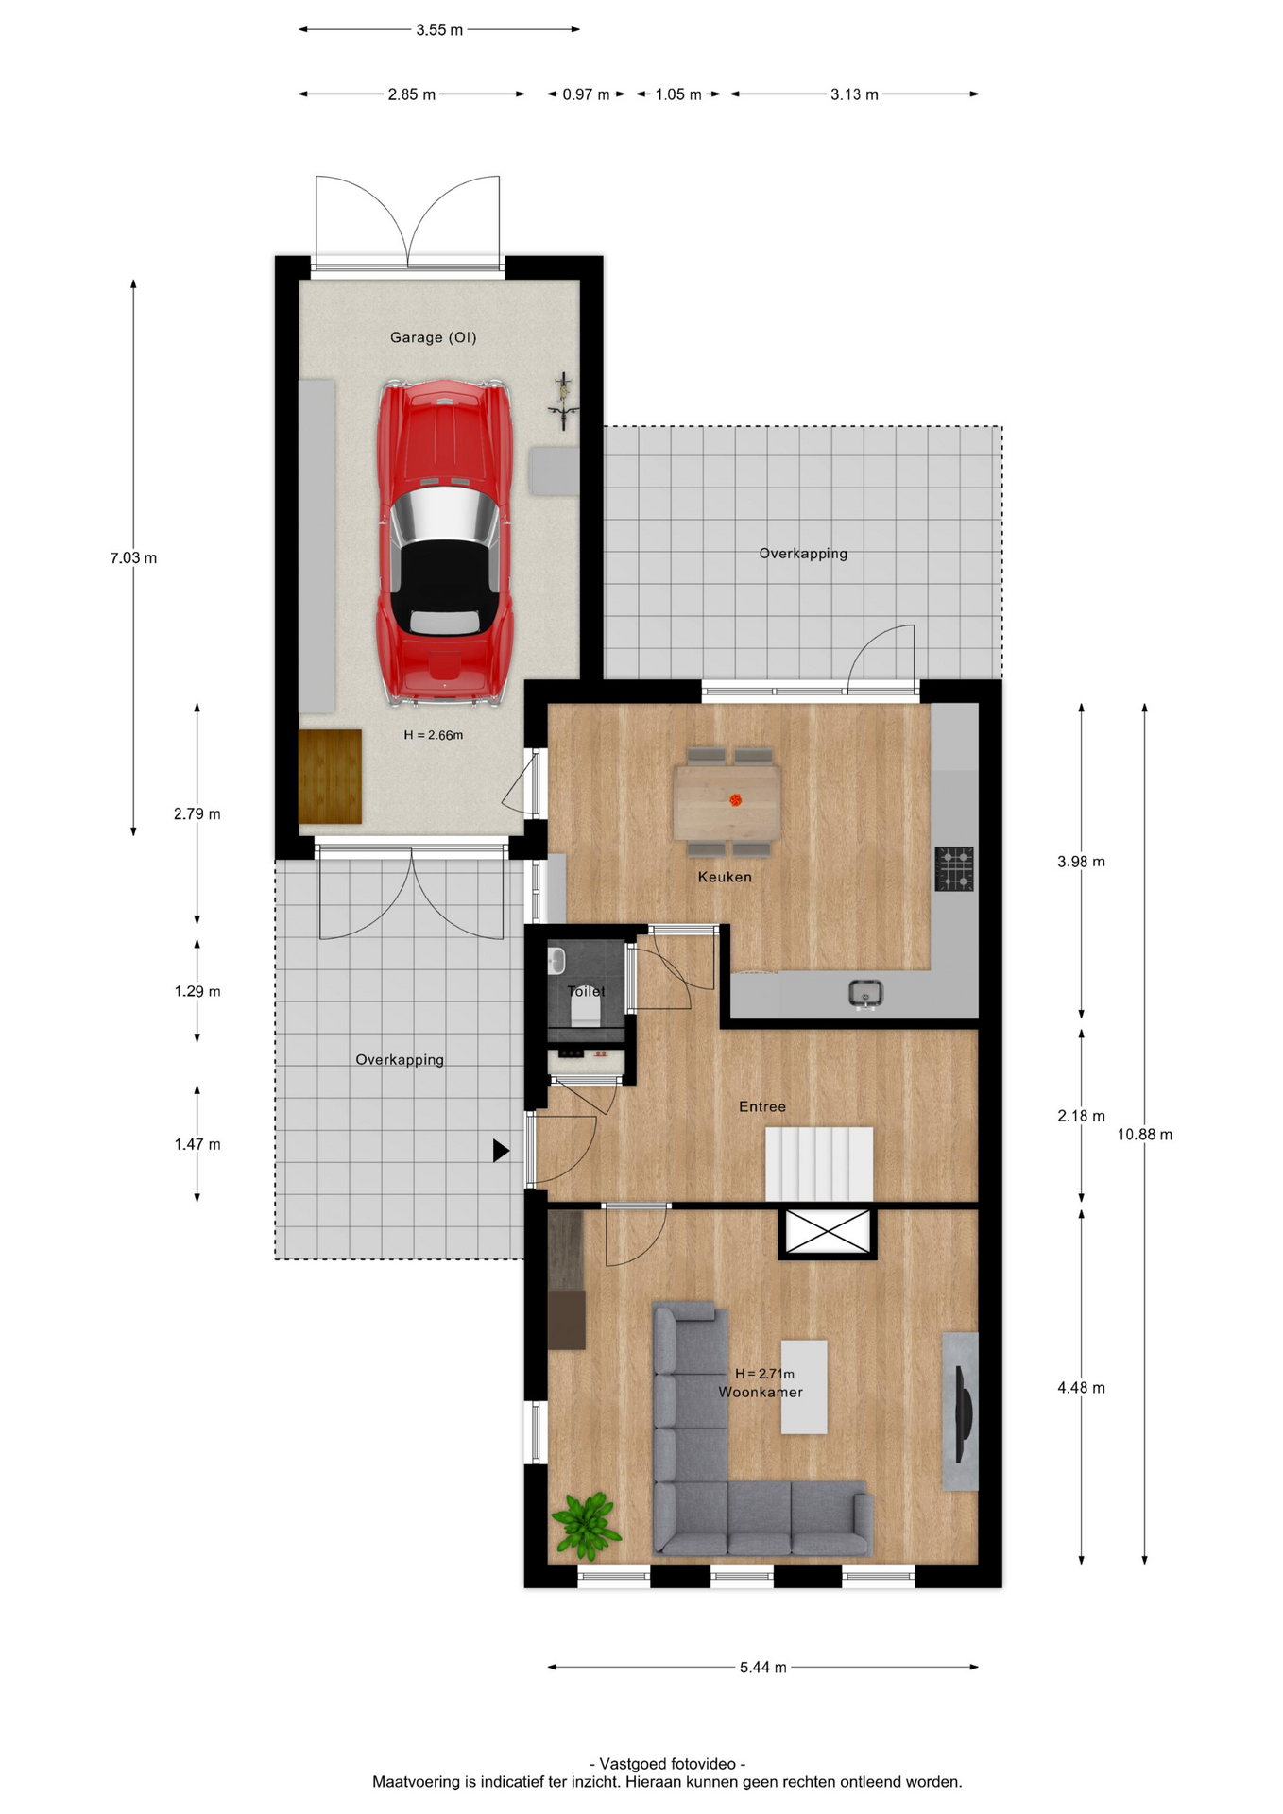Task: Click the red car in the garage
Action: pos(444,542)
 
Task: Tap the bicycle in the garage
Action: pos(563,402)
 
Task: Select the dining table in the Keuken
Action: pos(727,802)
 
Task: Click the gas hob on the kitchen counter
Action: pos(954,868)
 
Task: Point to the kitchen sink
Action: pos(864,994)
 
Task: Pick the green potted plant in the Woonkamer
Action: pos(586,1525)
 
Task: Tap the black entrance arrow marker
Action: pos(501,1150)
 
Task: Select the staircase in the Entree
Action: pos(818,1163)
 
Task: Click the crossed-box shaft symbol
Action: pos(828,1232)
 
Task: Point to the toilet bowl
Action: pos(586,1008)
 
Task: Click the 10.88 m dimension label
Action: pos(1144,1135)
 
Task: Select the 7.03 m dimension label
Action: pos(133,558)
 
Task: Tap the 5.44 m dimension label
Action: pos(762,1668)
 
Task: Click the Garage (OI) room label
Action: pos(434,337)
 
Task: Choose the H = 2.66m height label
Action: pos(434,735)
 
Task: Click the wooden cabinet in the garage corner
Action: pos(330,777)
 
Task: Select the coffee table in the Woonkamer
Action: pos(804,1386)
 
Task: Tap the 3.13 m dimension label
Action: pos(854,94)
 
